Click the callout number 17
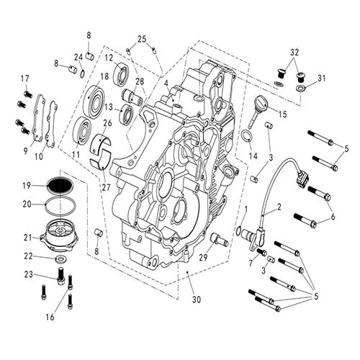pos(24,78)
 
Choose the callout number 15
pos(281,114)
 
